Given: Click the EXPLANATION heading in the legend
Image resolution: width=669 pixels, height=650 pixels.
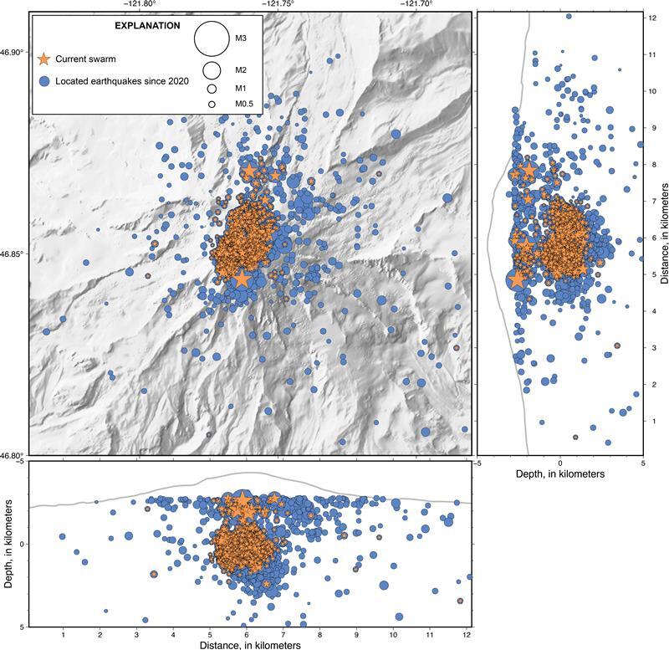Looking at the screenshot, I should point(146,26).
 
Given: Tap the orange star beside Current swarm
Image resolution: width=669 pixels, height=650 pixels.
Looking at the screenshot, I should point(45,58).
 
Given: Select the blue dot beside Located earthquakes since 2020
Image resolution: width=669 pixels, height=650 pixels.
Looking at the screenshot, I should point(45,81).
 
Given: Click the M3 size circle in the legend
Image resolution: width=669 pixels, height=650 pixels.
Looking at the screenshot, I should point(212,38).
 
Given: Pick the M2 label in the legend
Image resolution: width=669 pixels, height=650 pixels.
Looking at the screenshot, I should point(241,69).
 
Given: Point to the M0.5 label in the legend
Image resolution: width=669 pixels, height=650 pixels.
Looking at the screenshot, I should point(244,103).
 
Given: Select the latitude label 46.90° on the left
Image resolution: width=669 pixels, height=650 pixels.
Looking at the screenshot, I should point(13,53).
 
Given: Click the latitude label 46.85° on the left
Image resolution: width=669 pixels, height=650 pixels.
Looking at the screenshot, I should point(13,253).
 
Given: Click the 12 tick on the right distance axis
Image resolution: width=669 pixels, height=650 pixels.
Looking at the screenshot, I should point(650,18).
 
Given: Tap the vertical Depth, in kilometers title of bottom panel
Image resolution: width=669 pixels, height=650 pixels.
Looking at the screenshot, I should point(8,544).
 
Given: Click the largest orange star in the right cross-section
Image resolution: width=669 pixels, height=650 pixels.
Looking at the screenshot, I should point(516,279).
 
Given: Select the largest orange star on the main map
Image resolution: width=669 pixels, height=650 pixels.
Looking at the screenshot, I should point(243,279).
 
